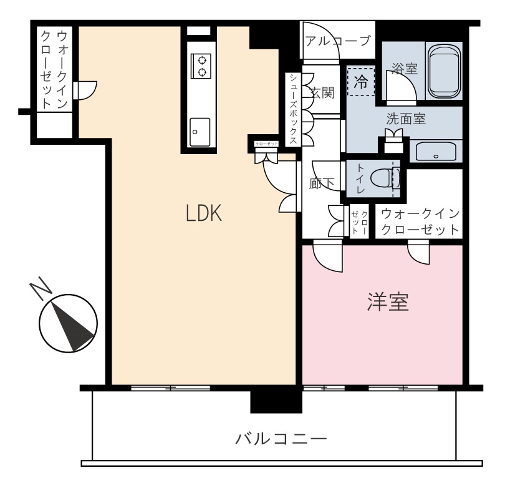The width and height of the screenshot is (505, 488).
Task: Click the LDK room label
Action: click(x=204, y=213)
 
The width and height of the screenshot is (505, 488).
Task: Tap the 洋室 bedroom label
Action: click(x=388, y=302)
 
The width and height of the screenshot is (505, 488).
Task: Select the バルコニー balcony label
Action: click(x=281, y=439)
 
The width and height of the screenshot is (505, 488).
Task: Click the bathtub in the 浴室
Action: click(x=444, y=71)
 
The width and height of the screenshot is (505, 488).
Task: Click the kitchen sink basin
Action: click(x=200, y=132)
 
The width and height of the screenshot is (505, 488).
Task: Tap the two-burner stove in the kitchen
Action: click(x=201, y=66)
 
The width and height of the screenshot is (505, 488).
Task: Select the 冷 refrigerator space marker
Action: click(x=361, y=82)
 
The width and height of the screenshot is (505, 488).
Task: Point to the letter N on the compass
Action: click(x=41, y=288)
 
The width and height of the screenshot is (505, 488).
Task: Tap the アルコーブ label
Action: click(x=338, y=41)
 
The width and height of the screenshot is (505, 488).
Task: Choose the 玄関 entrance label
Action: click(x=322, y=93)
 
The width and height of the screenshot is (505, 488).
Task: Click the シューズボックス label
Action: click(x=293, y=109)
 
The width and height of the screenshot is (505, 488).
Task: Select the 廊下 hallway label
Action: click(x=322, y=183)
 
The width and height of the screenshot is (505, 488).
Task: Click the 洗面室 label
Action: click(x=406, y=119)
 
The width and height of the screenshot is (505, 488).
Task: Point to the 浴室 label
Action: click(x=405, y=69)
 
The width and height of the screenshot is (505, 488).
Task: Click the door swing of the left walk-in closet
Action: click(x=86, y=90)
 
